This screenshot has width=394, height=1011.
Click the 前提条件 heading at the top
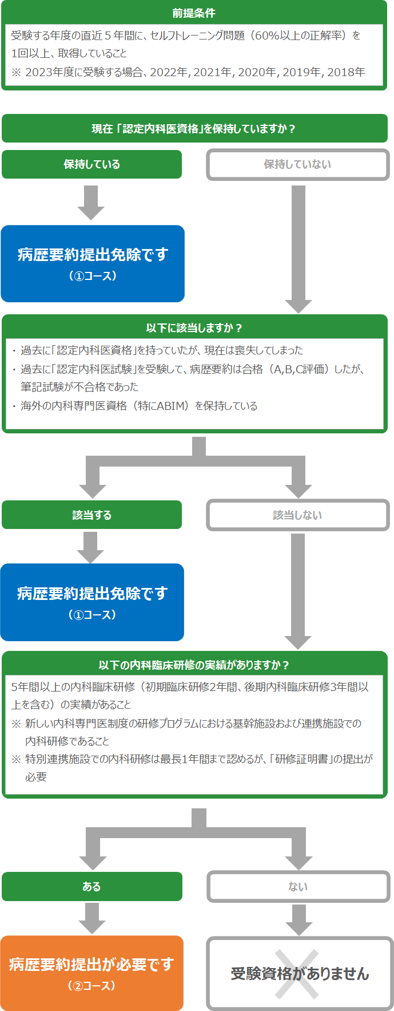pyautogui.click(x=194, y=13)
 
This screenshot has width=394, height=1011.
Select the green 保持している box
pyautogui.click(x=91, y=164)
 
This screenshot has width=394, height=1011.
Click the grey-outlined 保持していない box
pyautogui.click(x=297, y=164)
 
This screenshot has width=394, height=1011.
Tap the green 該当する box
pyautogui.click(x=91, y=515)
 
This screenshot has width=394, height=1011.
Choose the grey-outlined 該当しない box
pyautogui.click(x=297, y=515)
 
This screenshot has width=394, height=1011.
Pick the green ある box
pyautogui.click(x=91, y=886)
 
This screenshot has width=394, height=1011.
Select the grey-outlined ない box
pyautogui.click(x=298, y=886)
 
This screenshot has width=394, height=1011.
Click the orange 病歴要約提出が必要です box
pyautogui.click(x=91, y=973)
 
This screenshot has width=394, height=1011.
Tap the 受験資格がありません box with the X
pyautogui.click(x=300, y=973)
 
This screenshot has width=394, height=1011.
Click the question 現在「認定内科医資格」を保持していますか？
pyautogui.click(x=194, y=129)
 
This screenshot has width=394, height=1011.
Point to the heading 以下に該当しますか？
pyautogui.click(x=194, y=328)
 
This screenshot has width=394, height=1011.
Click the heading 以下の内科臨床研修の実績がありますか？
pyautogui.click(x=194, y=665)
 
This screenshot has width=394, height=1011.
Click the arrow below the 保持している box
pyautogui.click(x=91, y=203)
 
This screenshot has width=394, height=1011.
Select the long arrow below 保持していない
pyautogui.click(x=298, y=249)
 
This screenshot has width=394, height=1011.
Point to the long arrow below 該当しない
pyautogui.click(x=298, y=591)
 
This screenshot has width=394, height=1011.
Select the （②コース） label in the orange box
pyautogui.click(x=92, y=986)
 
